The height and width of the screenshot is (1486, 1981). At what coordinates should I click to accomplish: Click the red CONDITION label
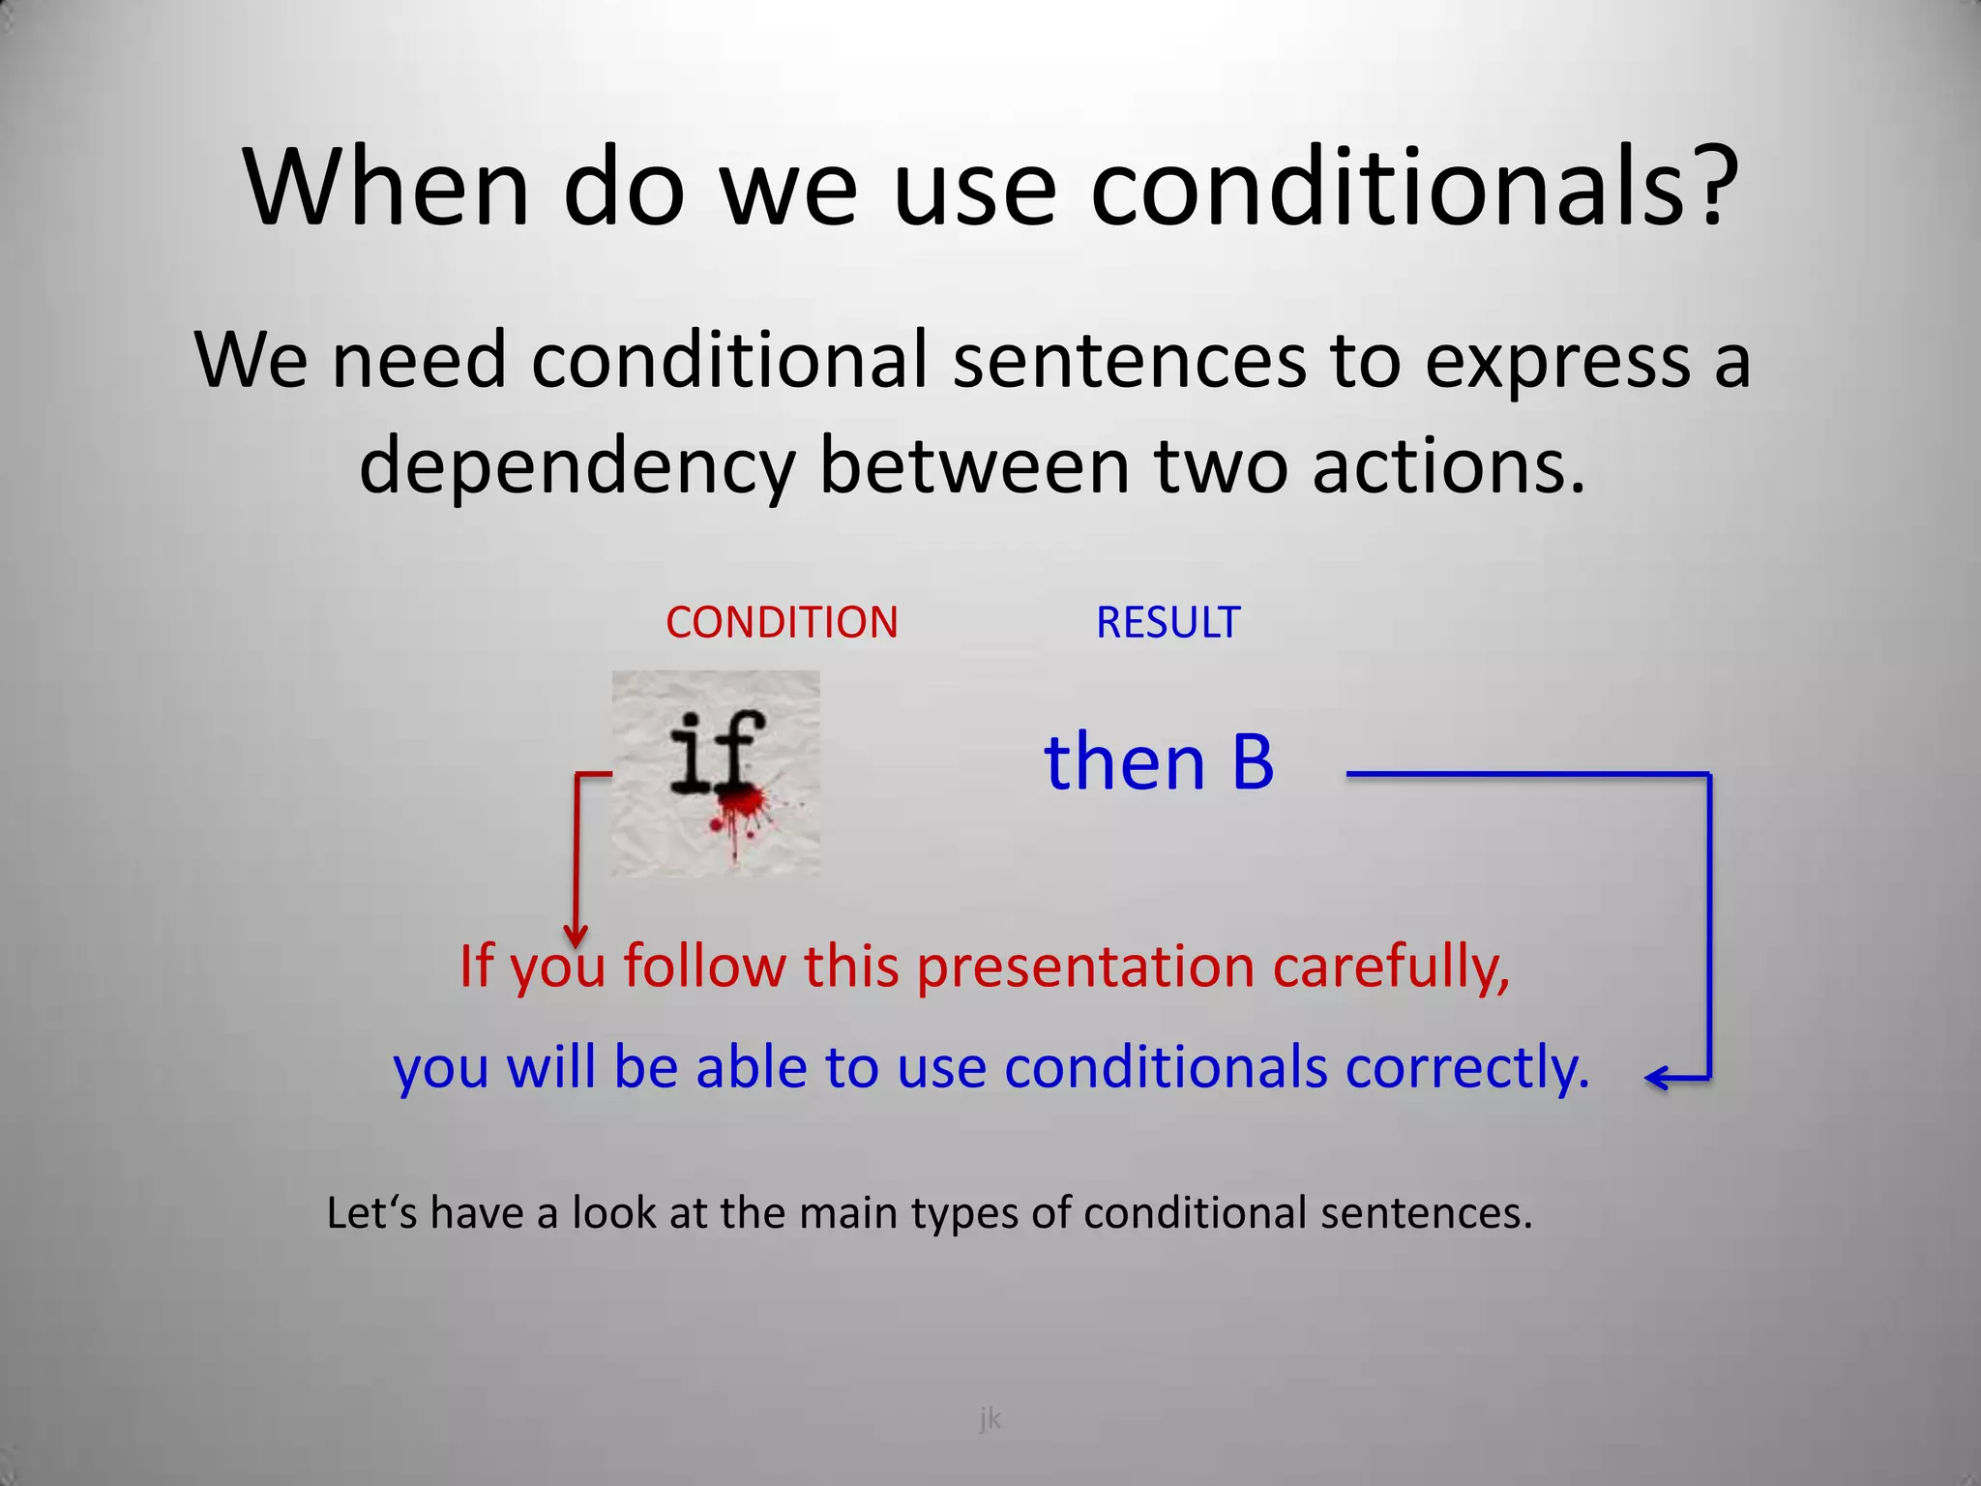pyautogui.click(x=782, y=622)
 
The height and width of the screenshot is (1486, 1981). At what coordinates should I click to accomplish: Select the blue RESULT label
pyautogui.click(x=1168, y=622)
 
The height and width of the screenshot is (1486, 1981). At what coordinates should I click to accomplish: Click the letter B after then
pyautogui.click(x=1253, y=762)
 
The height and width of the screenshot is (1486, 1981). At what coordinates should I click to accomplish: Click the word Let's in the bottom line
pyautogui.click(x=372, y=1213)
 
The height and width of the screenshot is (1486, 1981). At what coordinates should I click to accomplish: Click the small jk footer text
pyautogui.click(x=990, y=1419)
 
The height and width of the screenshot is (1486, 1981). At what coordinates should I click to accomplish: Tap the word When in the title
pyautogui.click(x=386, y=187)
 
